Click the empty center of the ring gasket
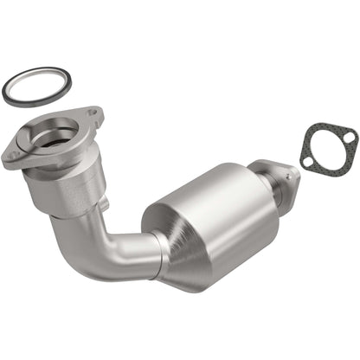pyautogui.click(x=36, y=87)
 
